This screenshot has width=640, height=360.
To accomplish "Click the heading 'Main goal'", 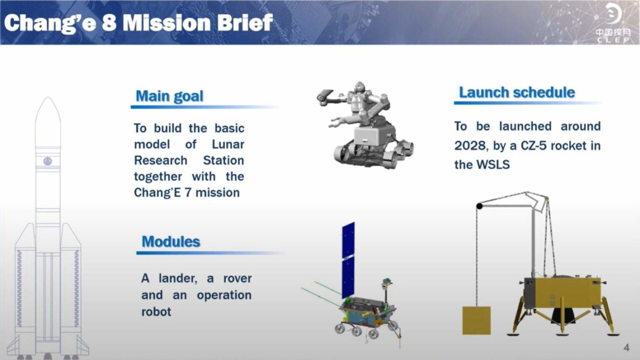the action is [170, 96].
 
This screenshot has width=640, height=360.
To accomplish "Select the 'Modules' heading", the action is [171, 242].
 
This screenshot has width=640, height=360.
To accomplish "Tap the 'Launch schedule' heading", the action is [517, 93].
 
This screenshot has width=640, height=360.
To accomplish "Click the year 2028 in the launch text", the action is [469, 146].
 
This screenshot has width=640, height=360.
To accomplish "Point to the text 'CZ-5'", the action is [534, 146].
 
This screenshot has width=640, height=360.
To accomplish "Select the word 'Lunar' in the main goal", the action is [228, 145].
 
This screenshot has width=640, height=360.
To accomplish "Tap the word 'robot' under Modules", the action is [156, 312].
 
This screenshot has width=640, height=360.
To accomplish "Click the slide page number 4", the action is [627, 348].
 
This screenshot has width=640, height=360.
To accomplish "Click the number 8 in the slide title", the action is [109, 23].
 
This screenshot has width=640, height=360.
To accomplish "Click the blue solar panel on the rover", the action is [348, 260].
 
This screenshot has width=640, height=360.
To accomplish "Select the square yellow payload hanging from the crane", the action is [476, 321].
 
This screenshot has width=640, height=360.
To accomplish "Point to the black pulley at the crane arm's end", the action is [480, 205].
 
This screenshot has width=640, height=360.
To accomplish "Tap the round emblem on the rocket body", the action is [48, 161].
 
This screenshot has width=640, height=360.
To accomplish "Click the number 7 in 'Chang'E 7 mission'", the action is [188, 193].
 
